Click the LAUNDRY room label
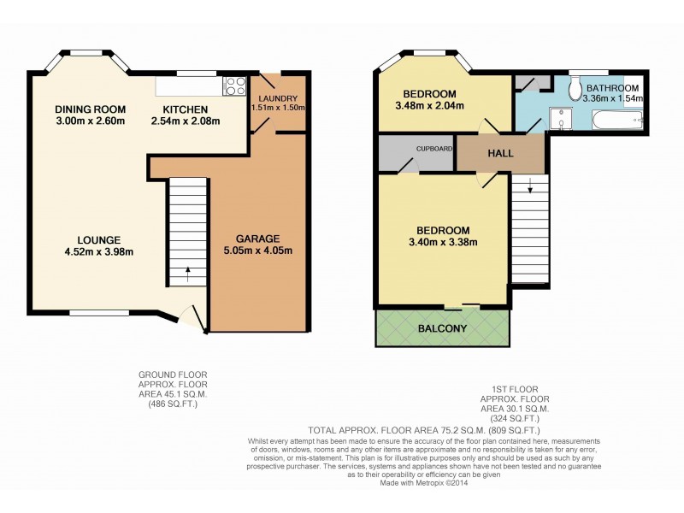coord(274,97)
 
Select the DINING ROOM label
coord(90,109)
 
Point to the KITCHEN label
coord(186,109)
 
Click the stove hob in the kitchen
coord(233,85)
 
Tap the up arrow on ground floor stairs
coord(187,277)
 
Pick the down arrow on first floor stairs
coord(529,182)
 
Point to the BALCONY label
coord(442,328)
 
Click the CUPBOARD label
coord(433,148)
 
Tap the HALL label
coord(500,155)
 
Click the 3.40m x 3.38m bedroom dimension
coord(442,242)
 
